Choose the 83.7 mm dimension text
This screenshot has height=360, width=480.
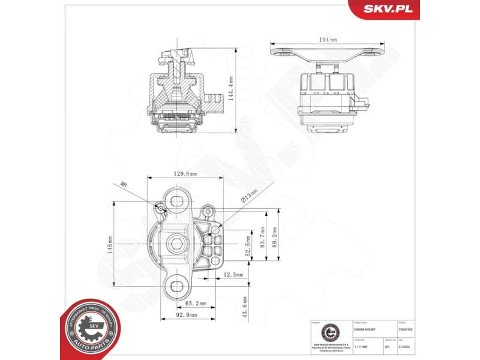pyautogui.click(x=262, y=239)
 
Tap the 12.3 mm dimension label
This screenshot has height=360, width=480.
pyautogui.click(x=233, y=275)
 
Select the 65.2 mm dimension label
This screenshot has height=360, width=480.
pyautogui.click(x=194, y=304)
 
